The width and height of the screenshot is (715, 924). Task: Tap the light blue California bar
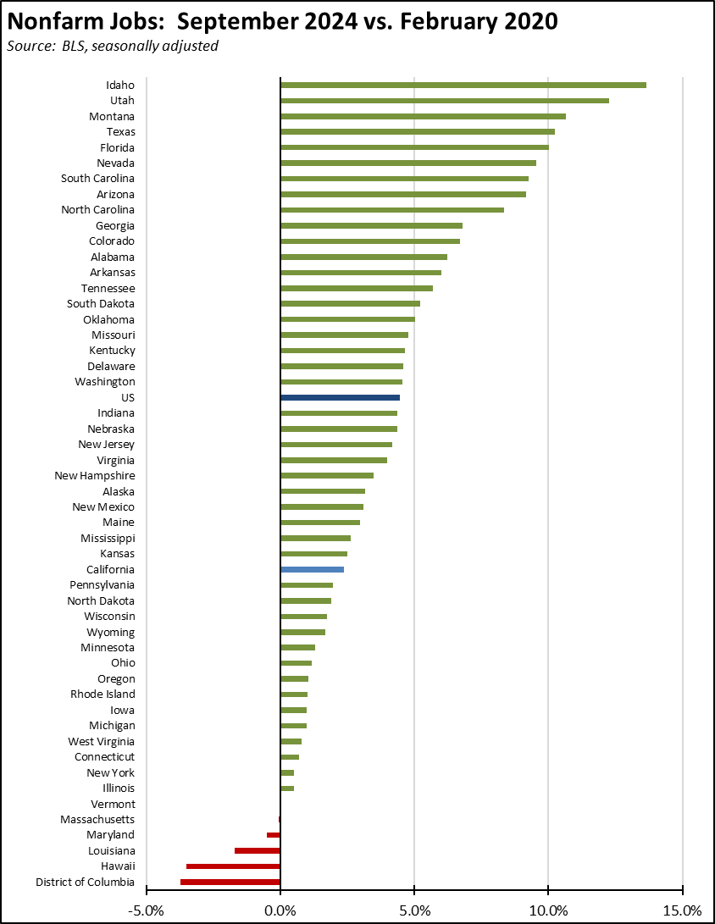click(x=312, y=570)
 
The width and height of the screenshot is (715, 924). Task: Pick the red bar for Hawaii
click(x=233, y=866)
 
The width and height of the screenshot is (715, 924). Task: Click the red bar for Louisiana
click(x=258, y=850)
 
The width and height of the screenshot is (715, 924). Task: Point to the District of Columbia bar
click(x=230, y=882)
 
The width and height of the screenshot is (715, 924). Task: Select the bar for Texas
click(x=417, y=131)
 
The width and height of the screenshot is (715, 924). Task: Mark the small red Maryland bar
click(x=274, y=835)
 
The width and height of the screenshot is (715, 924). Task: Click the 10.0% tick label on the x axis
click(x=548, y=910)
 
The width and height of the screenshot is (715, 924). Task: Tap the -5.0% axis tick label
click(x=146, y=910)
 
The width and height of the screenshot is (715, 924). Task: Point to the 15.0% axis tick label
click(x=683, y=910)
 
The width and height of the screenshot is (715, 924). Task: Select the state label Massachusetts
click(x=97, y=819)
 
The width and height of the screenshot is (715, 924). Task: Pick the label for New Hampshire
click(x=95, y=476)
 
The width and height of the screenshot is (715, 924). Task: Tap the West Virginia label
click(x=101, y=741)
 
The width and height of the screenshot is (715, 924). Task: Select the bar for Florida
click(x=414, y=147)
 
